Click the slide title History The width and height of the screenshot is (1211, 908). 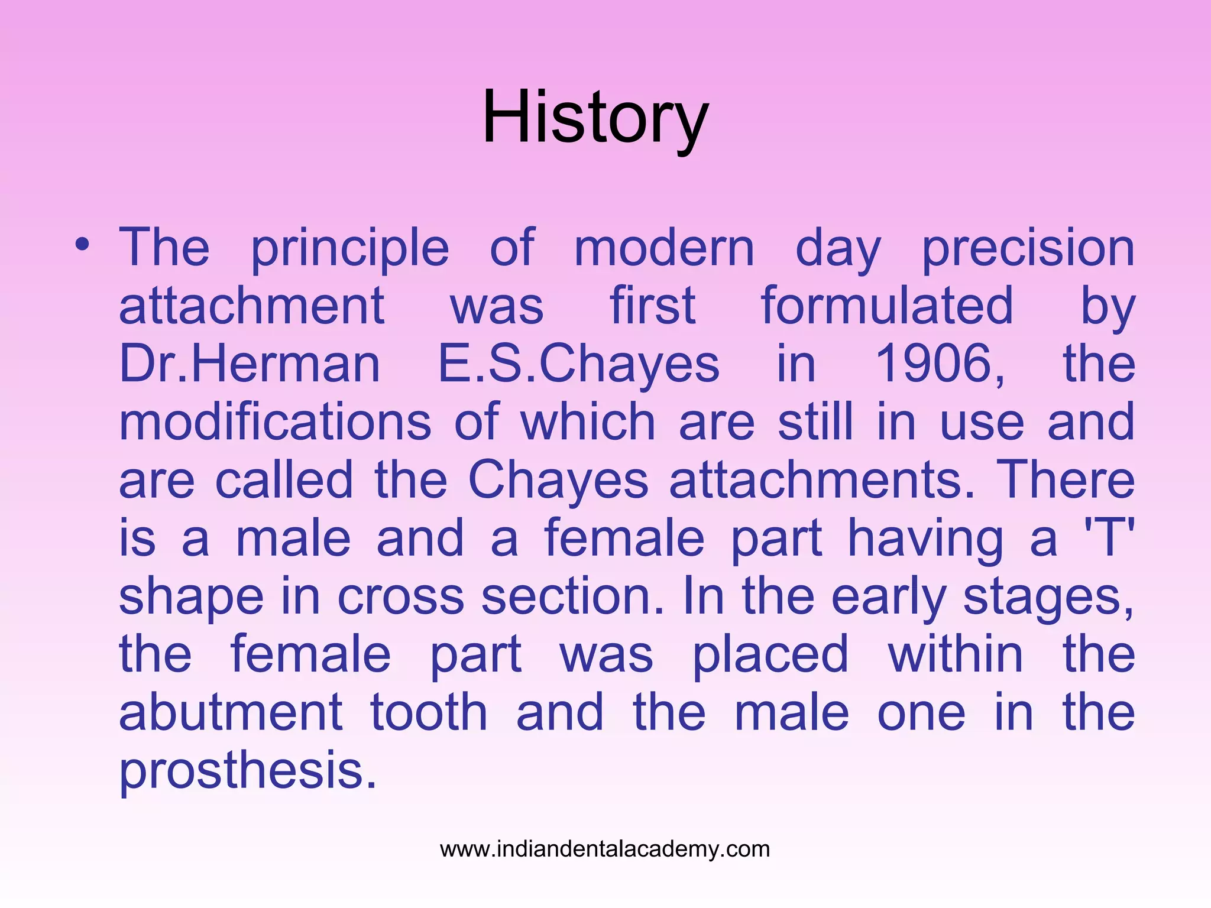coord(595,118)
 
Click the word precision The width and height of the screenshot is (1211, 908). coord(1028,248)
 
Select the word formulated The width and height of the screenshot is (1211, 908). coord(887,306)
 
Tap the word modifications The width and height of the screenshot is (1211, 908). coord(276,421)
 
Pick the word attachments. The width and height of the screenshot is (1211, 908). coord(821,479)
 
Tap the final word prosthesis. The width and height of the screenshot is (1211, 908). coord(248,770)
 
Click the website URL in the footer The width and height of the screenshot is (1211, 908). coord(605,849)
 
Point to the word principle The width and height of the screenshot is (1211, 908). coord(350,248)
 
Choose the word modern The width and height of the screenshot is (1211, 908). coord(664,248)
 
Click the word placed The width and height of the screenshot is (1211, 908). coord(770,654)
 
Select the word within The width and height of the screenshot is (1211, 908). coord(956,654)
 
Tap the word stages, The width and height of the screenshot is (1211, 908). coord(1049,597)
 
